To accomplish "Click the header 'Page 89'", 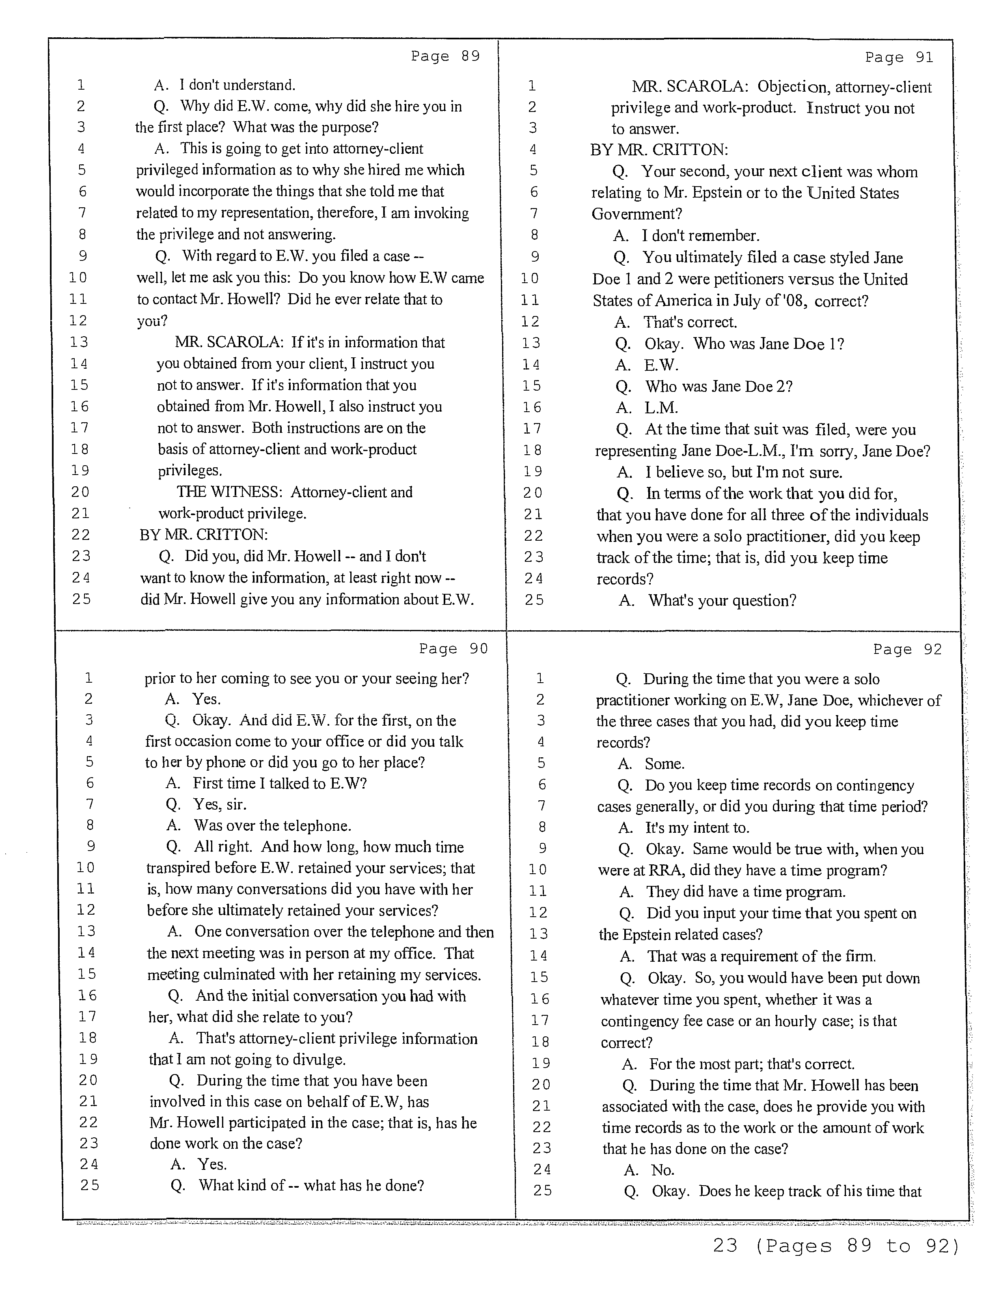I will tap(445, 56).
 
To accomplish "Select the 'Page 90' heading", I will tap(453, 649).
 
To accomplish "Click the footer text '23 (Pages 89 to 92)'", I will tap(836, 1261).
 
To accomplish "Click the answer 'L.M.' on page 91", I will tap(661, 408).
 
